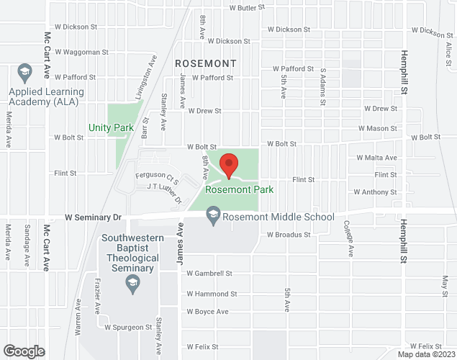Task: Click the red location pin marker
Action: point(229,166)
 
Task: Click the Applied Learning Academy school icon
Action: point(24,72)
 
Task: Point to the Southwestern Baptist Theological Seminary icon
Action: point(132,286)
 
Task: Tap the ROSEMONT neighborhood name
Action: point(205,63)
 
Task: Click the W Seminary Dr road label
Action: point(94,216)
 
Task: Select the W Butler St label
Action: point(247,8)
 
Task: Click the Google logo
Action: point(23,351)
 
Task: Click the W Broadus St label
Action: point(288,235)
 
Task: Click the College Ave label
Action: point(349,239)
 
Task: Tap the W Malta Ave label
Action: point(376,158)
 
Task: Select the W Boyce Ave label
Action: point(207,312)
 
